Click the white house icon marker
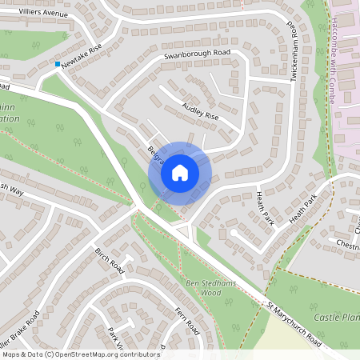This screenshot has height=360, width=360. coord(180,172)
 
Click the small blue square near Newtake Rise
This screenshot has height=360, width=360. coord(58,64)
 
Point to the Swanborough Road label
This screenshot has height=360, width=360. coord(197,53)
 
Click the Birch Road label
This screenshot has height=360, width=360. coord(110,260)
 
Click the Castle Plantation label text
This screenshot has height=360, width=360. coord(334,318)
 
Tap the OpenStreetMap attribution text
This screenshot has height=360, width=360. coord(80,354)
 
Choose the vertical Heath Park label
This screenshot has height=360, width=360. coord(265,210)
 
